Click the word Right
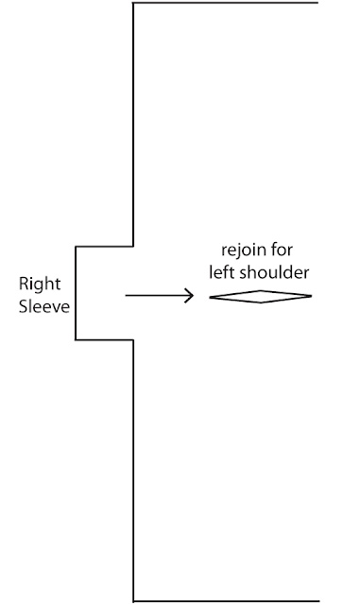40,285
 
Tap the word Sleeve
44,306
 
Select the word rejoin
243,251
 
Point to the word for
282,250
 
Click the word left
222,272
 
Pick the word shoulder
274,272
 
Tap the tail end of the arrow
126,296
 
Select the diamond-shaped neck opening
261,290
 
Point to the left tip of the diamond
210,297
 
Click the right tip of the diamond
312,296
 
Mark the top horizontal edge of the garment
226,3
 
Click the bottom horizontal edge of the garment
227,601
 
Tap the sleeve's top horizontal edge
105,246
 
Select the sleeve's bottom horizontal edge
105,340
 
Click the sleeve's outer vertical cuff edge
76,293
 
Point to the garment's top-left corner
133,3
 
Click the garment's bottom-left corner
133,601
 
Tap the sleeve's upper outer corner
76,246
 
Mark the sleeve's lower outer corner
76,340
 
